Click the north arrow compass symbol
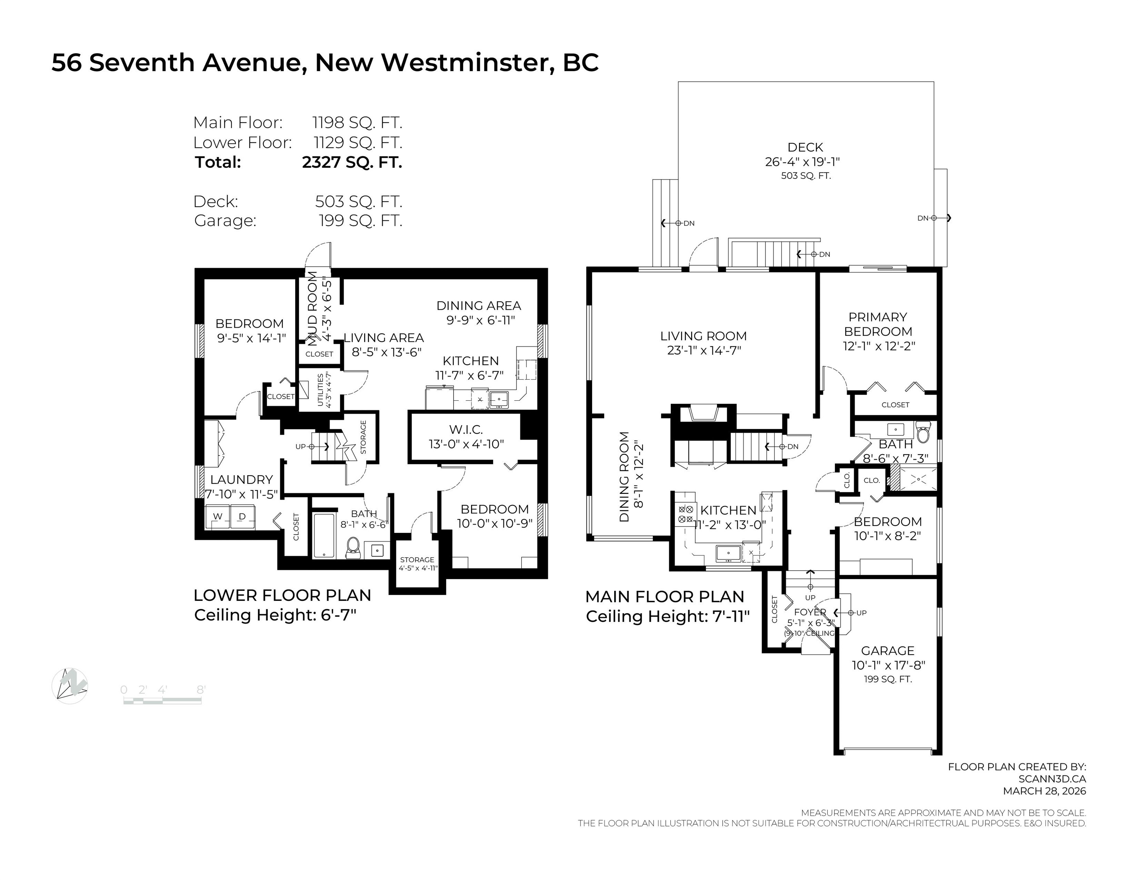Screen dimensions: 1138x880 click(x=70, y=686)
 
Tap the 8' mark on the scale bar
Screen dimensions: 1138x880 click(x=200, y=690)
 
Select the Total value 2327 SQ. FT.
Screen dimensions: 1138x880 click(x=352, y=162)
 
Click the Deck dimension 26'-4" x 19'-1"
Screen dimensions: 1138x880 click(x=802, y=162)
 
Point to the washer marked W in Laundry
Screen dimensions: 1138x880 click(x=218, y=517)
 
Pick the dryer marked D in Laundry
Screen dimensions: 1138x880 click(x=242, y=517)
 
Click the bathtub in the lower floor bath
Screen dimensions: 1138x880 click(x=324, y=536)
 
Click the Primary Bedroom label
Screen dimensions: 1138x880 click(x=878, y=324)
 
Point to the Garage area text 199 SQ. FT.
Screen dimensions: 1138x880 click(x=888, y=679)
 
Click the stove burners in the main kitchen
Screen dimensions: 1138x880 click(x=685, y=514)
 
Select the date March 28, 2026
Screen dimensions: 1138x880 click(x=1045, y=791)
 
